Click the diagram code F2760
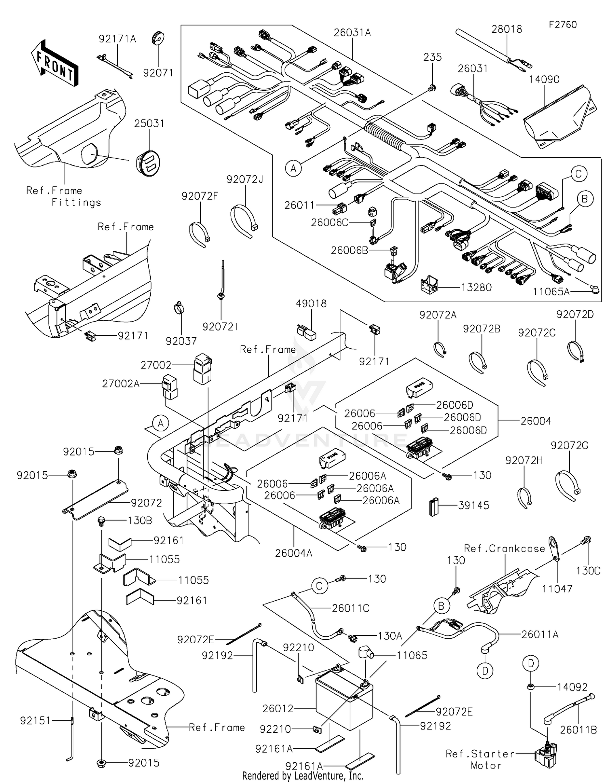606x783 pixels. [562, 25]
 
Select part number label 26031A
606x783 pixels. [352, 33]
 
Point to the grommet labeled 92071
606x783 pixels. [158, 38]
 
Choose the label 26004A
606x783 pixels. [294, 553]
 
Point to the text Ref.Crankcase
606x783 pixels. [505, 549]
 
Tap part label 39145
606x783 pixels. [473, 505]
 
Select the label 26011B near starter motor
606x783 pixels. [578, 730]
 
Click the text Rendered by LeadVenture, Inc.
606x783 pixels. [303, 776]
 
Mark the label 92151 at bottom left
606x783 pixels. [36, 720]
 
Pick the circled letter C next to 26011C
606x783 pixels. [319, 586]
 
